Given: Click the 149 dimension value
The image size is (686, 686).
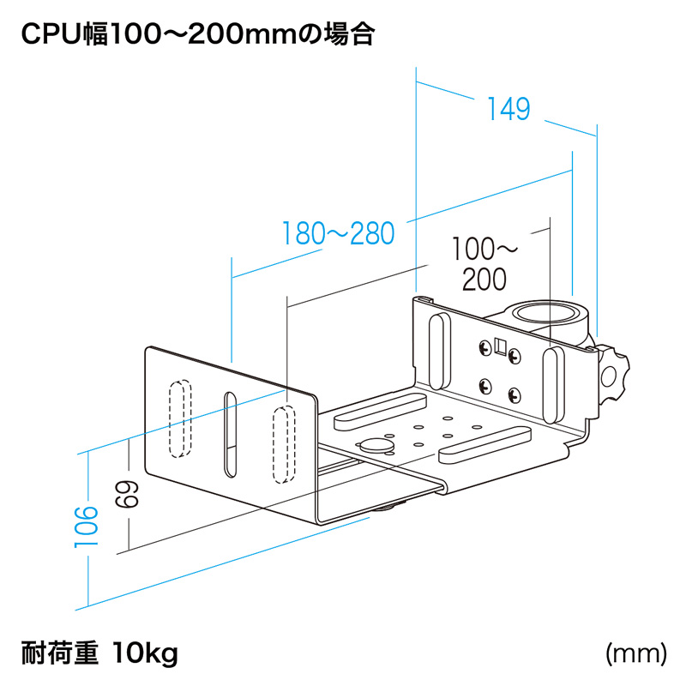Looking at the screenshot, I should [x=508, y=109].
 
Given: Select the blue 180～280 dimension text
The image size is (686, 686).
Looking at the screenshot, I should [x=338, y=233].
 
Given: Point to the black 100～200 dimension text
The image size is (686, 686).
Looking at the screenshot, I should [x=486, y=264].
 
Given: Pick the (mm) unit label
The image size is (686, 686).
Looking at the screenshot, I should [x=635, y=654].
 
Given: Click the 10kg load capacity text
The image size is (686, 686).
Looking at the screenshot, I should [x=145, y=655].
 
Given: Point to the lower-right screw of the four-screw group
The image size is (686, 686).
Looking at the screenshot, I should [x=514, y=395].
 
